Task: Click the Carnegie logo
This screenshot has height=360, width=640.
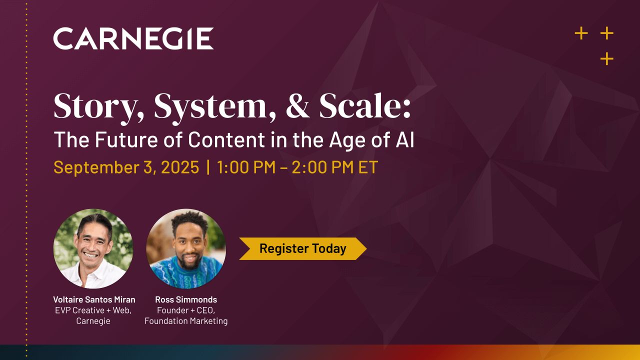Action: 133,38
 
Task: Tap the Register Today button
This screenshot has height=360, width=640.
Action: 302,248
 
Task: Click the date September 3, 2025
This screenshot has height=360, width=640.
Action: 126,167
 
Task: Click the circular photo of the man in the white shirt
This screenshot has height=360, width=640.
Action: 93,248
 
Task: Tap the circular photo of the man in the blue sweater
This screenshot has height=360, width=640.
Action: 186,248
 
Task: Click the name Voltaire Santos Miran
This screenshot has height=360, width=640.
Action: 94,299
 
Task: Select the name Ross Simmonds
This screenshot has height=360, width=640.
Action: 186,299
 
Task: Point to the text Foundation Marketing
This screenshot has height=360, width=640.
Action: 186,321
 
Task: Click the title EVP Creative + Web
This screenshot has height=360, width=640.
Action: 93,310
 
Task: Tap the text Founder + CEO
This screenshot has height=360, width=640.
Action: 186,310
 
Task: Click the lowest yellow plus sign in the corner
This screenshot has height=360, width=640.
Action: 606,59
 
